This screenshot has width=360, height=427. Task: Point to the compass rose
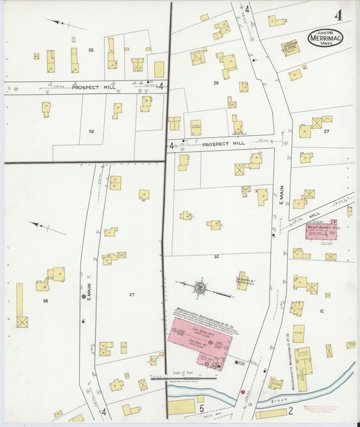201,288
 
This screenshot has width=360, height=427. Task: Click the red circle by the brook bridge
242,392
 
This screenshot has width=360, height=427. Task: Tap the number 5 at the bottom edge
201,408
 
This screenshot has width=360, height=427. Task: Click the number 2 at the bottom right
290,409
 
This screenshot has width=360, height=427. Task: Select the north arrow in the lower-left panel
47,228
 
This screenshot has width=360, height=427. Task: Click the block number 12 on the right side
322,311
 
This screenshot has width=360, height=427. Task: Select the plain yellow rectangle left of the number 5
181,407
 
